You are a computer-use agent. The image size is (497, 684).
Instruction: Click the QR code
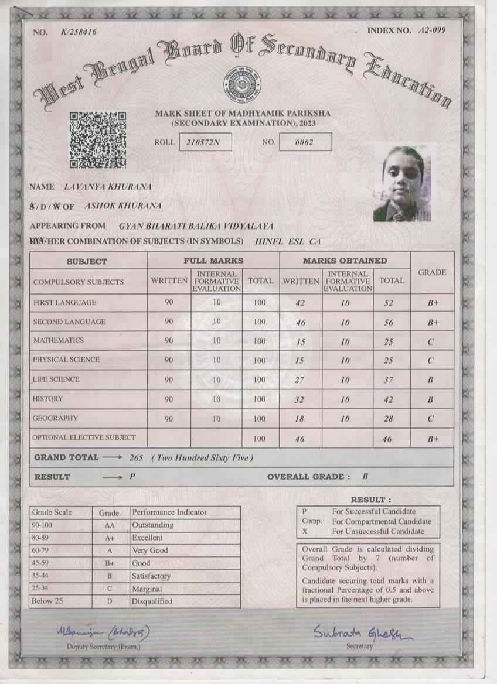pos(98,140)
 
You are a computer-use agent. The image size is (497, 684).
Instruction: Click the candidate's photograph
pos(402,183)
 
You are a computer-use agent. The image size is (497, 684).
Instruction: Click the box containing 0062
pos(305,142)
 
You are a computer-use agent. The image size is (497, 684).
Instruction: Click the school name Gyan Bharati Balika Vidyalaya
pos(196,226)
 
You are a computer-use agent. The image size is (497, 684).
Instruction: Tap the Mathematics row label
pos(58,340)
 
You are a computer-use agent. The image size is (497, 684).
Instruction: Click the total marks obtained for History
pos(388,400)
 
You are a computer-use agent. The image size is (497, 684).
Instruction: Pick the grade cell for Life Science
pos(430,380)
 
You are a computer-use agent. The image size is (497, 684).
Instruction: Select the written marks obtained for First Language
pos(299,303)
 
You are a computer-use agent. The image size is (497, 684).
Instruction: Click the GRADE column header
pos(432,272)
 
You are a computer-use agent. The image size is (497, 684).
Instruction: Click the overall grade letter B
pos(365,476)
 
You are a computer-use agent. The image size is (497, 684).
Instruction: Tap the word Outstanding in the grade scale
pos(152,525)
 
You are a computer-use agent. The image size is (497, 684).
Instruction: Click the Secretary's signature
pos(362,632)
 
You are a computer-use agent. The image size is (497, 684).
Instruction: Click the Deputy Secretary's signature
pos(103,632)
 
